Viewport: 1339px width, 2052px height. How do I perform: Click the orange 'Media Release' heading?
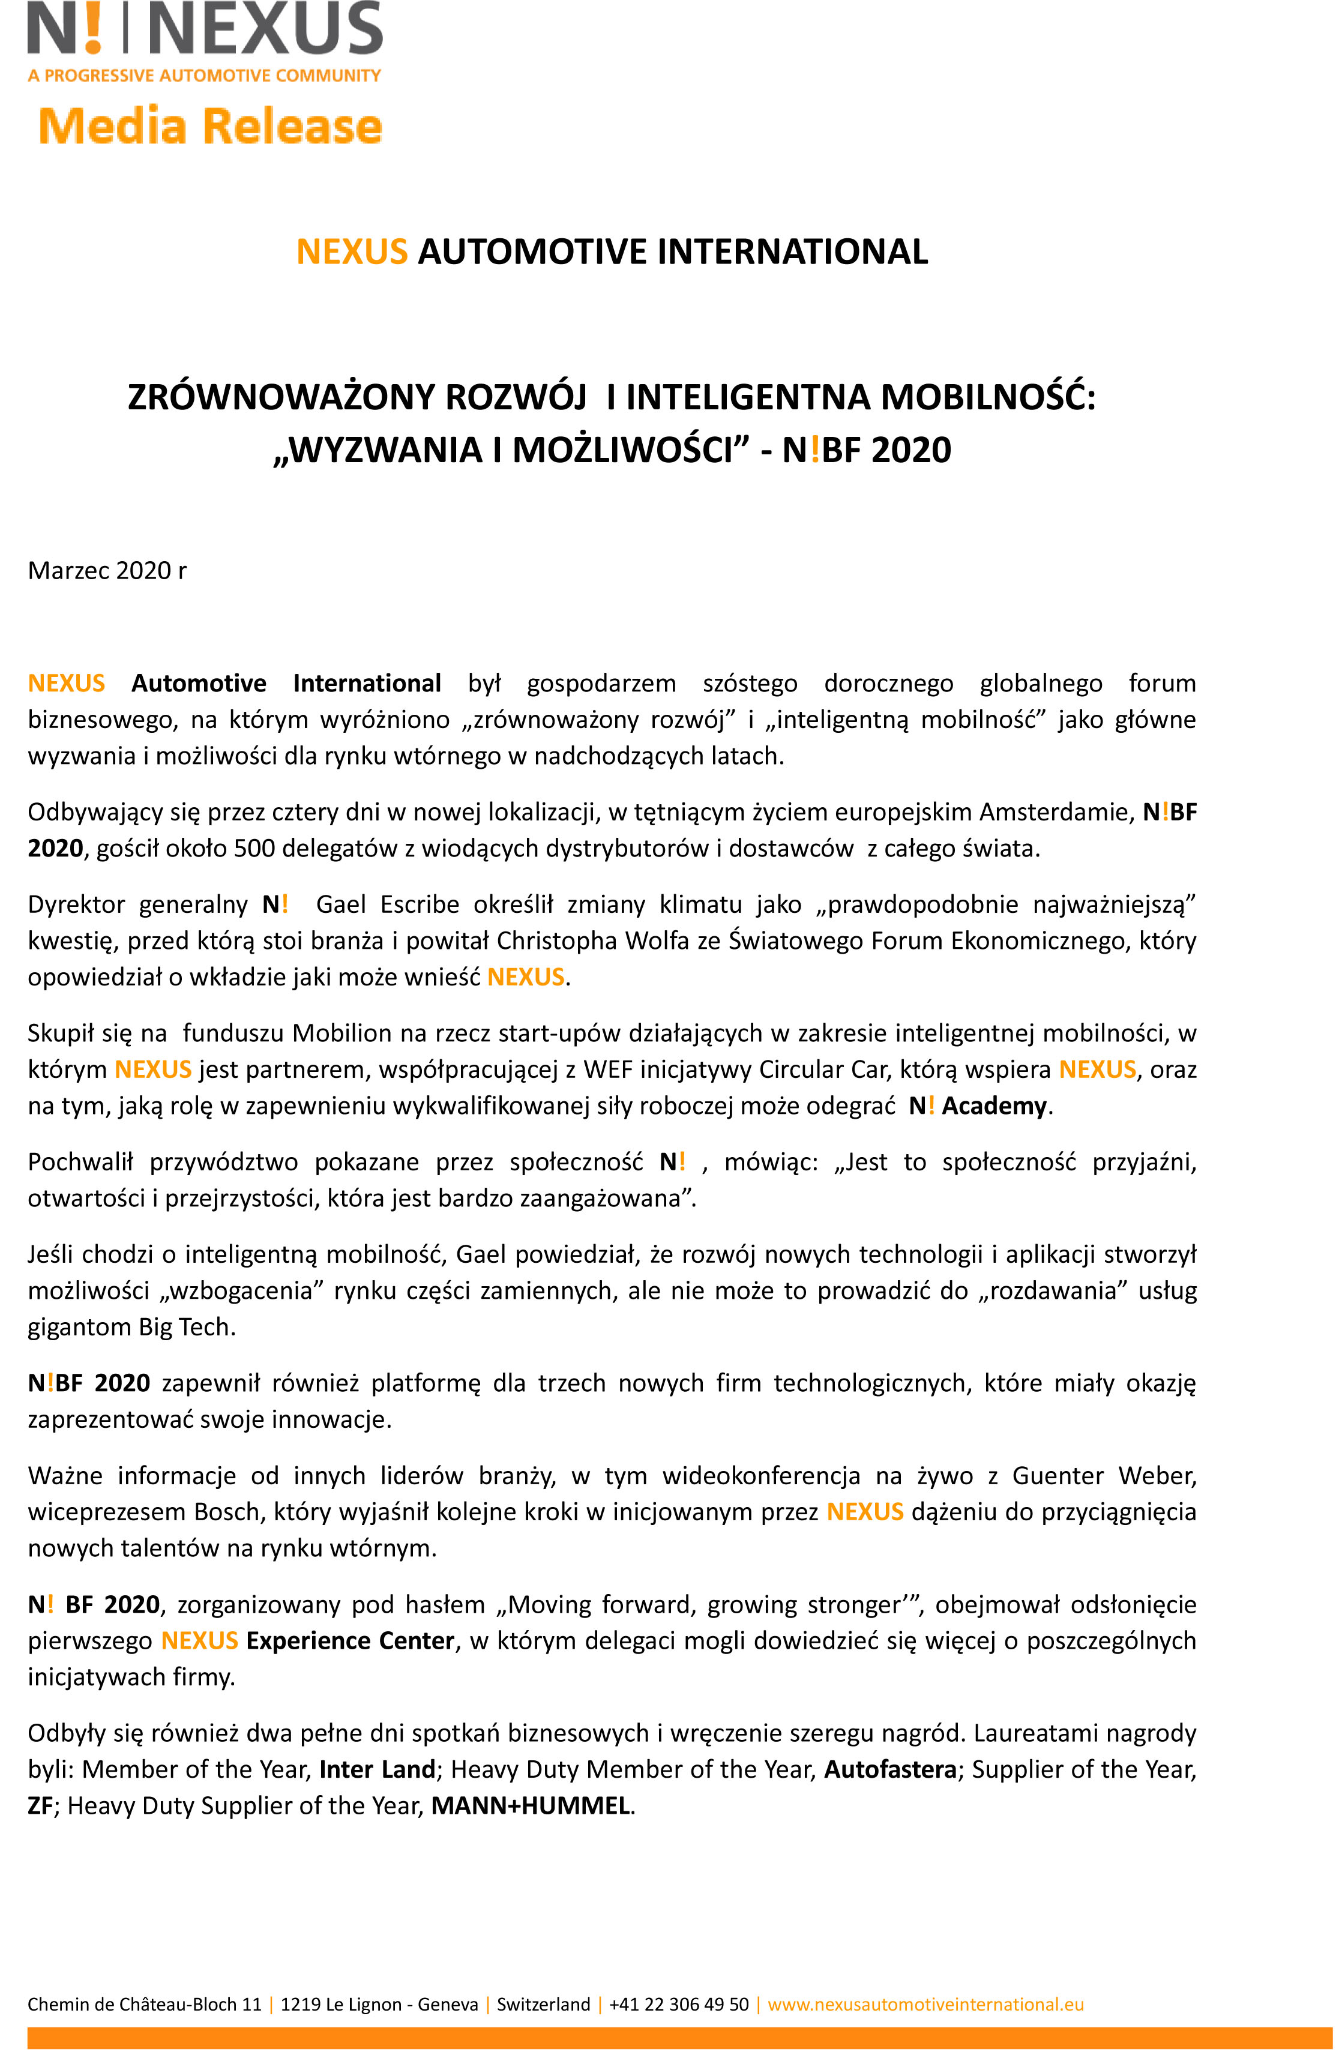[211, 126]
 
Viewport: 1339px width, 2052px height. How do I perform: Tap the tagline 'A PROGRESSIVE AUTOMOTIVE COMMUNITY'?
[204, 76]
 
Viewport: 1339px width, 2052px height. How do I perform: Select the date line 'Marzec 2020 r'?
[107, 571]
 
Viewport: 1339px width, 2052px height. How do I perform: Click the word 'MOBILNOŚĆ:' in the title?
[988, 397]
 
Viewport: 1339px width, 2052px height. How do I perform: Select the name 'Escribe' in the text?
[420, 904]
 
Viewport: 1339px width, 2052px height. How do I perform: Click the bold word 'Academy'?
[994, 1106]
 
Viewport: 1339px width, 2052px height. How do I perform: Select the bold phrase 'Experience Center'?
[350, 1641]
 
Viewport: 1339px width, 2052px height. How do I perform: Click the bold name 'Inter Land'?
[377, 1769]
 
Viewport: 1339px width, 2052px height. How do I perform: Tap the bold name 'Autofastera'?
[890, 1769]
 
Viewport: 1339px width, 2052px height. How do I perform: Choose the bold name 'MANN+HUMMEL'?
[530, 1805]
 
